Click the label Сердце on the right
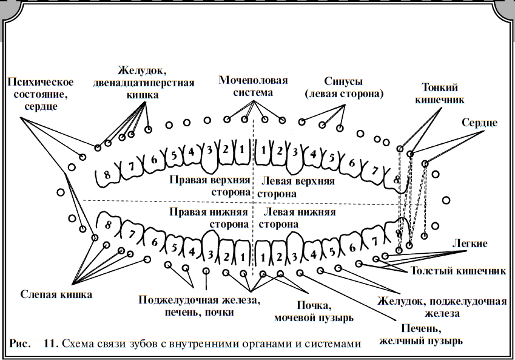pos(479,123)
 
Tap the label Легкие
pos(470,243)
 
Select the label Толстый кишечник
pos(458,271)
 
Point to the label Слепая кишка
pos(56,294)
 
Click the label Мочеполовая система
pos(253,86)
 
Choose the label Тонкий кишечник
pos(439,93)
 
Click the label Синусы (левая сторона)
pos(344,87)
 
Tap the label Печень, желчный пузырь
pos(421,335)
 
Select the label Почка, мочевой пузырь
pos(314,311)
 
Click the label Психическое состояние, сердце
pos(41,94)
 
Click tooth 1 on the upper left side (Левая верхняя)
pos(263,152)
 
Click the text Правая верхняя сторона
pos(210,186)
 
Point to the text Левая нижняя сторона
pos(297,218)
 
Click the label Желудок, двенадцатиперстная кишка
pos(143,83)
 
